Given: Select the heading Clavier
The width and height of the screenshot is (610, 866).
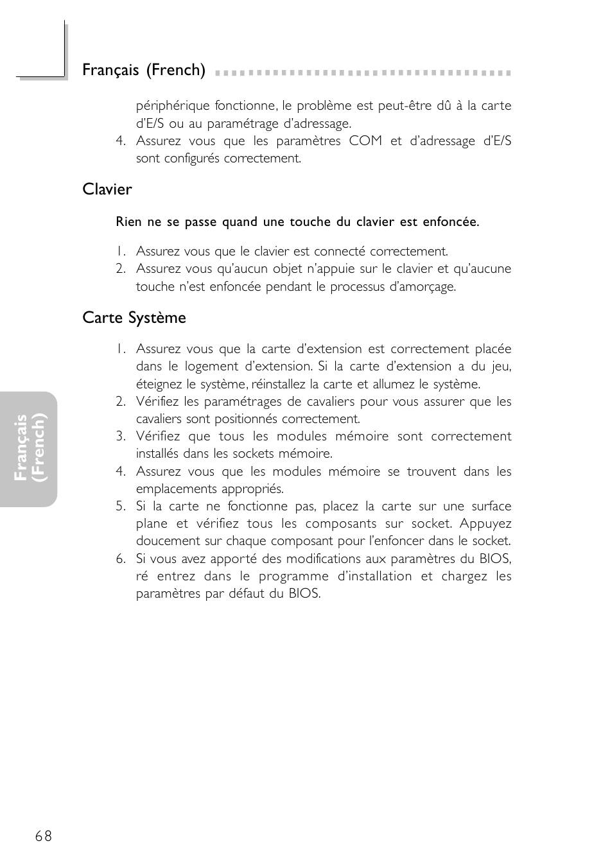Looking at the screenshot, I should click(107, 189).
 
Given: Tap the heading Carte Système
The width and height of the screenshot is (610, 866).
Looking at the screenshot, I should click(134, 318).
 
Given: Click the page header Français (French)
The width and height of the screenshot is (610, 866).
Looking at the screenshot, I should click(144, 70).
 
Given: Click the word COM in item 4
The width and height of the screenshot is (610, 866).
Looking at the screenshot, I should click(365, 141).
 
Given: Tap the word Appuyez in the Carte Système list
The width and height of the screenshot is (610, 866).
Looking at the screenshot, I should click(485, 524).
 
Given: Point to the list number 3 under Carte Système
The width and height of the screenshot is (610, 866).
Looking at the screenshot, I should click(121, 437).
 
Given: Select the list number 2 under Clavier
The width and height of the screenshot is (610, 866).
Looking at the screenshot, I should click(121, 269).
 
